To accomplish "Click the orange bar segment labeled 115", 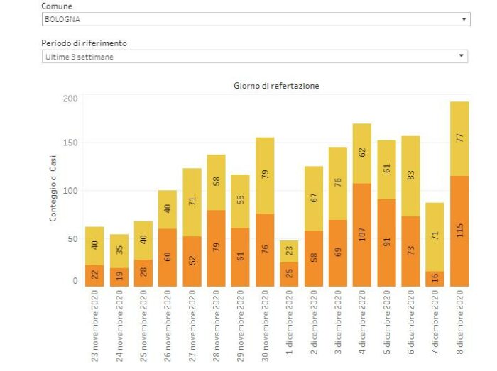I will [x=459, y=231].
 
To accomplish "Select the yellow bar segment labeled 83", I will [x=411, y=176].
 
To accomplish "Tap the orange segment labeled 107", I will [x=362, y=235].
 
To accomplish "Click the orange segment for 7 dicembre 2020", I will [x=435, y=279].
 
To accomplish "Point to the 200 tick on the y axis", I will [x=69, y=98].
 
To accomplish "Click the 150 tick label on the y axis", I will [x=69, y=143].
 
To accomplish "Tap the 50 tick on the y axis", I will [x=71, y=239].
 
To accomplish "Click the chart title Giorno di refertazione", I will [x=276, y=85].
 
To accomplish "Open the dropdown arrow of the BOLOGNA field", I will [x=464, y=20].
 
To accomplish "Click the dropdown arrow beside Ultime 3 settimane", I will [x=461, y=56].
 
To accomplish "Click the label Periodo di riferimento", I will [x=84, y=43].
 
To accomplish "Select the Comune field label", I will [x=58, y=6].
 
